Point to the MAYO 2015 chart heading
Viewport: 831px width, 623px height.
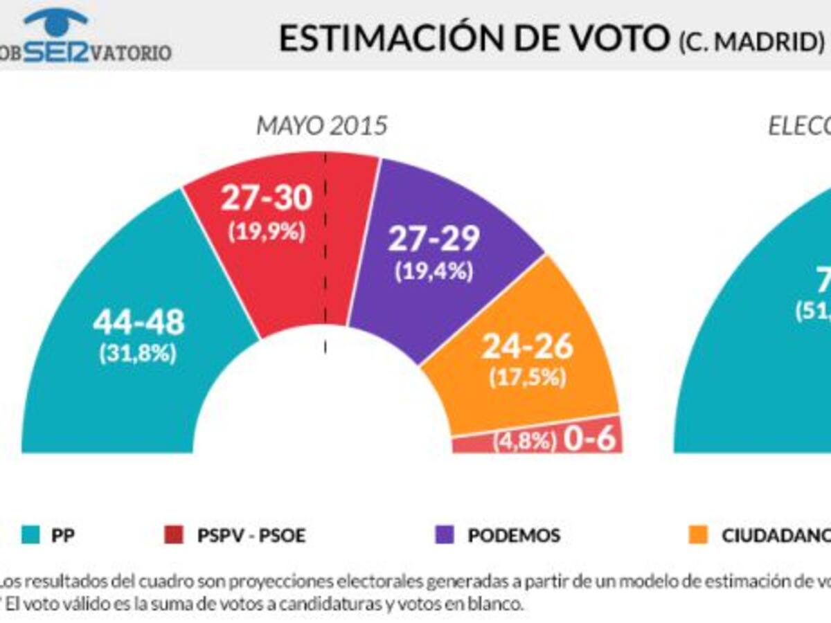pyautogui.click(x=322, y=127)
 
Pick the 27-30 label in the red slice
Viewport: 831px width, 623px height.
pyautogui.click(x=267, y=199)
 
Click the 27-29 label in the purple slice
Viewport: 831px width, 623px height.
pyautogui.click(x=434, y=239)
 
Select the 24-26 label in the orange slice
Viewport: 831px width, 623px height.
pyautogui.click(x=528, y=346)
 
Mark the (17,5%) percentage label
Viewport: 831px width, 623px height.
pyautogui.click(x=528, y=377)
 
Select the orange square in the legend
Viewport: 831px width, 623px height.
pyautogui.click(x=699, y=535)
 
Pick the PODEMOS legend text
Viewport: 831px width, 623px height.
pyautogui.click(x=514, y=535)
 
